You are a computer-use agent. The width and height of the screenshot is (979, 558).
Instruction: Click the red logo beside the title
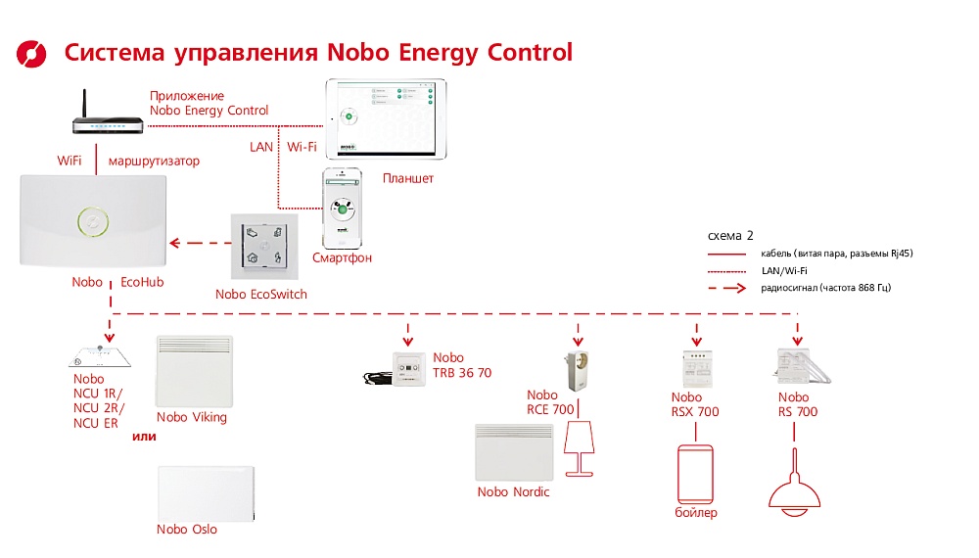tap(32, 52)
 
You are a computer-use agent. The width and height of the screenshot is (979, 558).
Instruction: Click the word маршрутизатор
tap(154, 161)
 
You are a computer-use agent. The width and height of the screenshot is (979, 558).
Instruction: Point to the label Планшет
tap(408, 179)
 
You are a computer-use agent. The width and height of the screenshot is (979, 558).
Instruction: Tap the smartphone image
tap(343, 208)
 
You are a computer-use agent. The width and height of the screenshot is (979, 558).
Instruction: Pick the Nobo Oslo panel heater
tap(206, 493)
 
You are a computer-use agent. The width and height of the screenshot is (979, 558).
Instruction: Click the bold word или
tap(145, 437)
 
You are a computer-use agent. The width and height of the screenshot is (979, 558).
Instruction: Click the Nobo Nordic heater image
tap(513, 451)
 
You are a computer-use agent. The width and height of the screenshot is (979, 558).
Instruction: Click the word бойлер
tap(695, 513)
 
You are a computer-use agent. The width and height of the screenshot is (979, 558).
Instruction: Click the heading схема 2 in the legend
tap(729, 236)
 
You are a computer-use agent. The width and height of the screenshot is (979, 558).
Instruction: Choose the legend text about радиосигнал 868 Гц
tap(824, 288)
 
